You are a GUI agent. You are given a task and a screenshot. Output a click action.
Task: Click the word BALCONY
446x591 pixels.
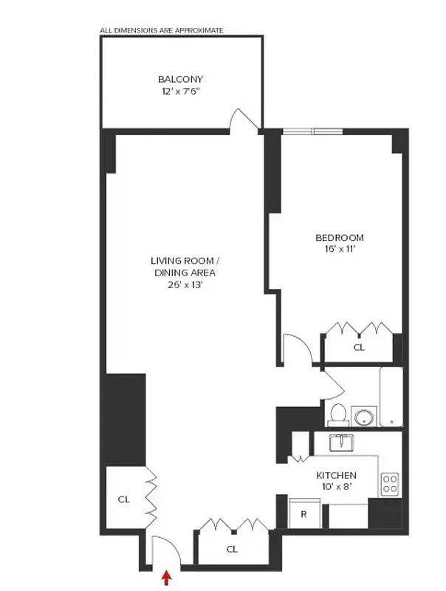click(x=180, y=79)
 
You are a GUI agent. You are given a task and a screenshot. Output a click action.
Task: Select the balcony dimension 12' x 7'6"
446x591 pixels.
click(x=180, y=92)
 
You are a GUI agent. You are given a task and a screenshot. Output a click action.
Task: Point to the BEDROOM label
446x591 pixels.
click(x=339, y=237)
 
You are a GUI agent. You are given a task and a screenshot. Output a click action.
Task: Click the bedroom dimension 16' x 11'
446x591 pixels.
click(x=339, y=250)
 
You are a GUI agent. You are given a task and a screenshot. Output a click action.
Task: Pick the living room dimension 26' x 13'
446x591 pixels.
click(x=185, y=284)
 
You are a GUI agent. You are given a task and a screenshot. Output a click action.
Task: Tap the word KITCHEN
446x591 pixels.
click(x=336, y=475)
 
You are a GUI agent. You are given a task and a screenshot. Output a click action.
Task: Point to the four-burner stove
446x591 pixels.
click(x=390, y=485)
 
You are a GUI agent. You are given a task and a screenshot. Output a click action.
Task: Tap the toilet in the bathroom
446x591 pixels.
click(x=337, y=414)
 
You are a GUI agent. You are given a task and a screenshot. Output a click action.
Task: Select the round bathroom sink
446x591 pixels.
click(x=363, y=416)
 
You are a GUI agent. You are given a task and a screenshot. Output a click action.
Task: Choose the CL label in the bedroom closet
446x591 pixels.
click(x=359, y=346)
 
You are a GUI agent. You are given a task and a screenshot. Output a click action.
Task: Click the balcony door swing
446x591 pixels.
click(x=244, y=120)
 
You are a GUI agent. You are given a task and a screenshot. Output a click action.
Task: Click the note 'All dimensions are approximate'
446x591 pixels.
click(x=161, y=30)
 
